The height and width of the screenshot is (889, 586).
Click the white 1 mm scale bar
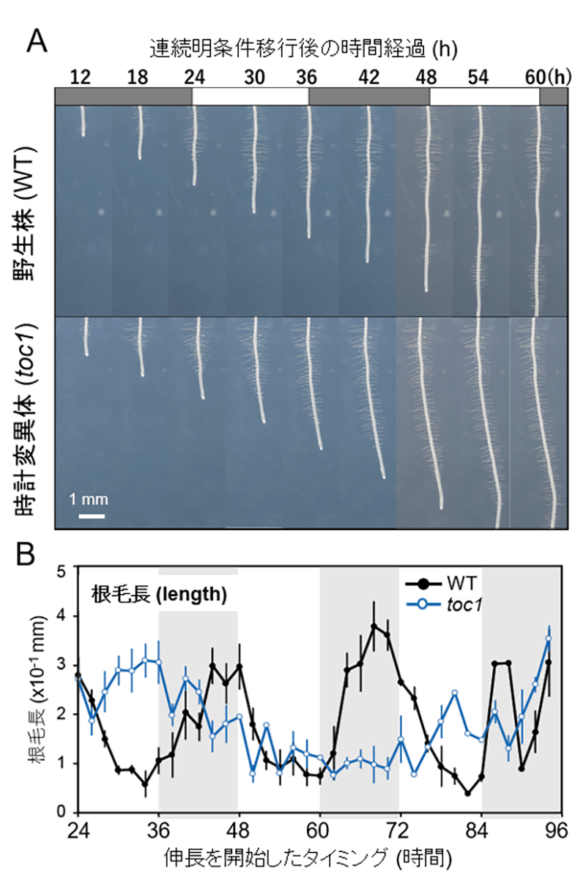(92, 516)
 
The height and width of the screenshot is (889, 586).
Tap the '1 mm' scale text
(89, 500)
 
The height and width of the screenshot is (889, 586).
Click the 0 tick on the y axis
(62, 813)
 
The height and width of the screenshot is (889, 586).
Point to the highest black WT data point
(374, 627)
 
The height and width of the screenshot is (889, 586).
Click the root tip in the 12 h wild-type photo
(83, 134)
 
